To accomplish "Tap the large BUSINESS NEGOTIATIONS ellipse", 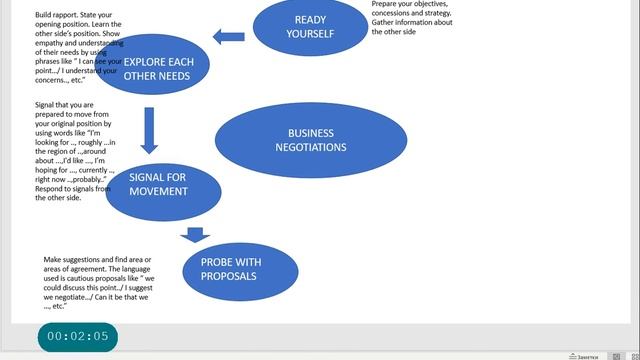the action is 310,140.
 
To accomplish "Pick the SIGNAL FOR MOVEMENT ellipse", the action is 162,184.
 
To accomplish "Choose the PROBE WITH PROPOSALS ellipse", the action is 240,268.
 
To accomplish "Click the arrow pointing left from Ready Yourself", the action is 229,38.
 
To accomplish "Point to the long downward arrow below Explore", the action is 149,127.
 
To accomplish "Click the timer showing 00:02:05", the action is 77,336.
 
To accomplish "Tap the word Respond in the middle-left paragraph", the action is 51,188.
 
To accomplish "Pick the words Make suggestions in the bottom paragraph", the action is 73,260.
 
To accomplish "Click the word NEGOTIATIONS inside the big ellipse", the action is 316,148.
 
